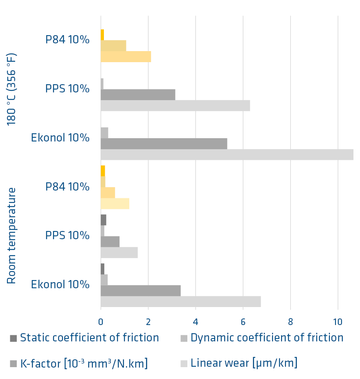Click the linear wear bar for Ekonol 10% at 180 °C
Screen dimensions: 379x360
pos(227,155)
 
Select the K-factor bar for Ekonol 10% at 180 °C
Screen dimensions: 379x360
pos(164,144)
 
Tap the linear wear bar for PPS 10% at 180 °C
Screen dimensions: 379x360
pos(175,105)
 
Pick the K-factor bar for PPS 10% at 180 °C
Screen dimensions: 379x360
pos(138,94)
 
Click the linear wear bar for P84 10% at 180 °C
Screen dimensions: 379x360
pos(126,56)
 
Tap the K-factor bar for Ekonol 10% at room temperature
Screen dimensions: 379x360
pos(140,290)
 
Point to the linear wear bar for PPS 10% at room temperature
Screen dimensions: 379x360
pos(119,253)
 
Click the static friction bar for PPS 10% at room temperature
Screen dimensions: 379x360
pos(103,220)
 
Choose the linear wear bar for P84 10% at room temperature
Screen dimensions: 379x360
pos(115,204)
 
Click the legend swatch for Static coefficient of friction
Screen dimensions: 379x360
pos(13,338)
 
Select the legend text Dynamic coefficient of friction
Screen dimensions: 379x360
pos(267,338)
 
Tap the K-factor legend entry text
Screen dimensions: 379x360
pos(84,363)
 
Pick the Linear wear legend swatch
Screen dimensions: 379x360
pos(184,363)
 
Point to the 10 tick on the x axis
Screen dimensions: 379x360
pos(338,322)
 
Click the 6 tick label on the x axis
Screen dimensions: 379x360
pos(243,322)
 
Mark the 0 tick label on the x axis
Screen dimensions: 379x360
pos(101,322)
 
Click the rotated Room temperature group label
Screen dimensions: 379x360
pos(11,235)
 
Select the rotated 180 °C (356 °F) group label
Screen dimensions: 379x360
pos(11,89)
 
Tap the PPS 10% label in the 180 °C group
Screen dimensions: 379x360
pos(67,88)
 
